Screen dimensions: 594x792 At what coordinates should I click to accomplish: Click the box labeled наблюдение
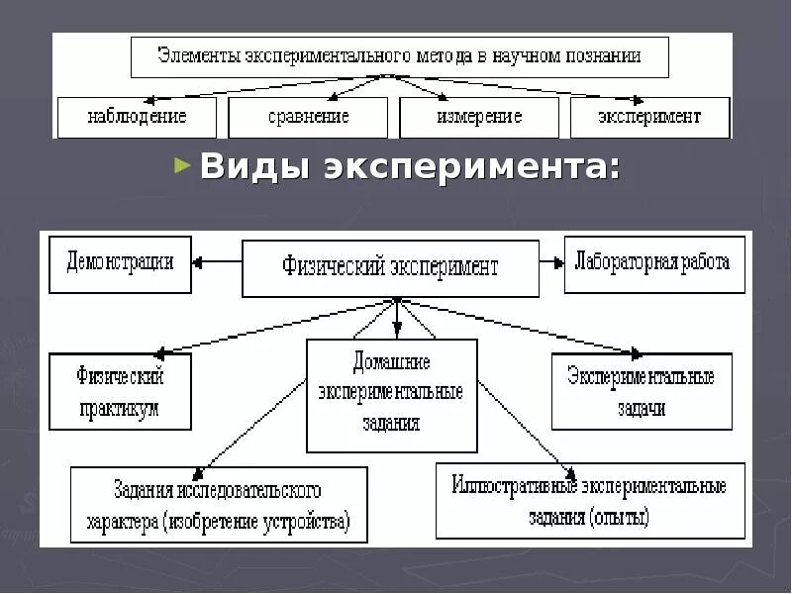tap(137, 117)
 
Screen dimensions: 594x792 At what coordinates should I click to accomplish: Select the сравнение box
tap(308, 117)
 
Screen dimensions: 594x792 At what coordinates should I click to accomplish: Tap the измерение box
tap(479, 117)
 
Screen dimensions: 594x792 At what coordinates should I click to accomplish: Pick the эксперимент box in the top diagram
tap(649, 117)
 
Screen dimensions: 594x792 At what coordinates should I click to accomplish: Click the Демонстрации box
tap(120, 263)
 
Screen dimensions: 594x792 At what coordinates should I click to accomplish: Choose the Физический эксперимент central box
tap(390, 267)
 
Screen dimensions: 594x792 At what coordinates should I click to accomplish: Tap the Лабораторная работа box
tap(653, 263)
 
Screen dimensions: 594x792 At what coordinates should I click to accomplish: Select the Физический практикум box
tap(120, 391)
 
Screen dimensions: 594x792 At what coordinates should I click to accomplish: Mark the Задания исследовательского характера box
tap(218, 505)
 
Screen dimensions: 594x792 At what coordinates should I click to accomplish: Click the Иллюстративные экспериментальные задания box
tap(590, 501)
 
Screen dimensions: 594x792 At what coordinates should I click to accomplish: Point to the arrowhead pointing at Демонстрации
tap(199, 263)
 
